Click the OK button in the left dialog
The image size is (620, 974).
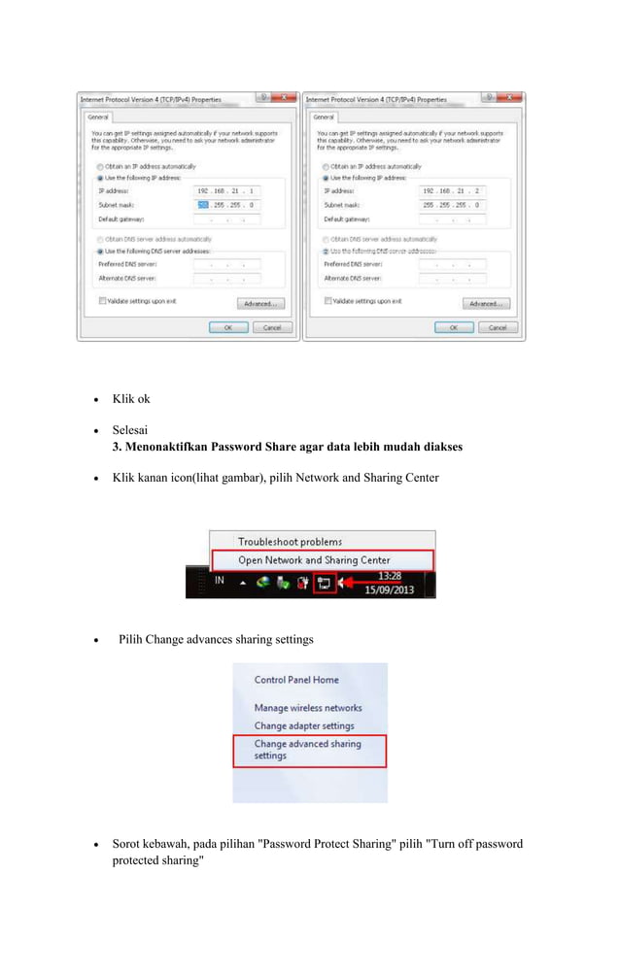[228, 327]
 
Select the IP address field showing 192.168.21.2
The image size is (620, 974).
[452, 191]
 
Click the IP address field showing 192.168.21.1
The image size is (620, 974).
[227, 191]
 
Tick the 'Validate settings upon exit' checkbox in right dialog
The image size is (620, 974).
[328, 301]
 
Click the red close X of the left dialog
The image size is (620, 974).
[283, 98]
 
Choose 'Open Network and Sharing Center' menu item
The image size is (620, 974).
[314, 560]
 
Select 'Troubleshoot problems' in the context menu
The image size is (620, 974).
[290, 542]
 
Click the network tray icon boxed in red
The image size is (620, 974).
[325, 584]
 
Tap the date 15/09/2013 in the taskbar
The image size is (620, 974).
[391, 589]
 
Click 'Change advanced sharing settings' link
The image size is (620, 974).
[307, 750]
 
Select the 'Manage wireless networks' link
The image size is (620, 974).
[307, 708]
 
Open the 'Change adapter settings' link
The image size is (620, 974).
[303, 725]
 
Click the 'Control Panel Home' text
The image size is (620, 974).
[296, 680]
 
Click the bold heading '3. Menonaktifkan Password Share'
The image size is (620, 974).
[287, 447]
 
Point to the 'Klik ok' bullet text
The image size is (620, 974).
[131, 399]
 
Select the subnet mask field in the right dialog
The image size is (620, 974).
[452, 206]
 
